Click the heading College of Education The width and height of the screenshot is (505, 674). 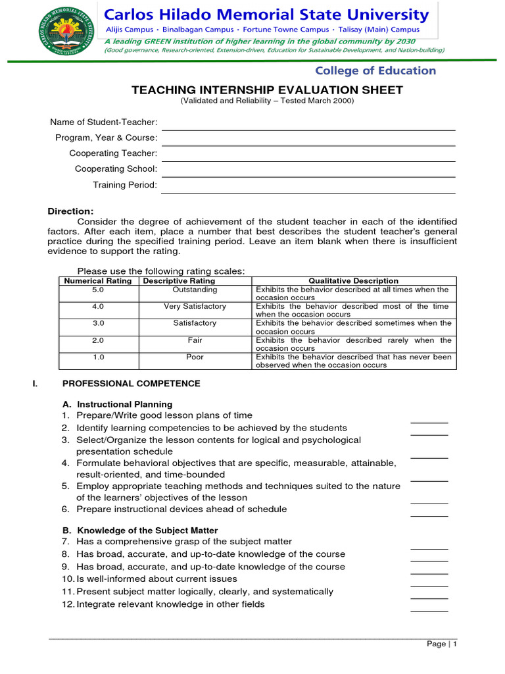[x=375, y=70]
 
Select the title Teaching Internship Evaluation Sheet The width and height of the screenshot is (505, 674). [x=267, y=90]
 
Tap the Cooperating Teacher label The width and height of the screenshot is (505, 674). [x=113, y=153]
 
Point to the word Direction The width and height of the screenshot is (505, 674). [x=70, y=211]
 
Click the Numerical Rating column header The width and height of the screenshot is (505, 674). [x=97, y=281]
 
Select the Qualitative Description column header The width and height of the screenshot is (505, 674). [x=353, y=281]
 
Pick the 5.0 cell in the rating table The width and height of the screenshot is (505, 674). [x=98, y=290]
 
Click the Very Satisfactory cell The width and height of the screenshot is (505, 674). [x=195, y=307]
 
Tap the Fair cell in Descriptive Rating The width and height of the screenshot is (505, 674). [x=195, y=340]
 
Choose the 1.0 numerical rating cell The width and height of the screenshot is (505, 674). [x=98, y=357]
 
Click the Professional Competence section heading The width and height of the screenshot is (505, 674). [x=131, y=384]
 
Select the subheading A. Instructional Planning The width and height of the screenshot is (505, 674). [x=117, y=404]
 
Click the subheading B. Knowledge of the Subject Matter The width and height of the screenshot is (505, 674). [x=139, y=530]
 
